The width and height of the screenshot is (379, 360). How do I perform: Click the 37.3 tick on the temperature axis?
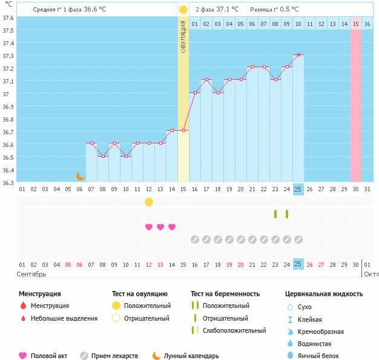pos(8,56)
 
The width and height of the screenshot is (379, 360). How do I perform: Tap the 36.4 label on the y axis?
pos(8,170)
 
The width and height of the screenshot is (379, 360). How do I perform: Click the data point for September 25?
pos(298,55)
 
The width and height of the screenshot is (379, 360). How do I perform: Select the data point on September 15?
pos(183,131)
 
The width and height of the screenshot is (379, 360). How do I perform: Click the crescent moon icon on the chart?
pos(81,176)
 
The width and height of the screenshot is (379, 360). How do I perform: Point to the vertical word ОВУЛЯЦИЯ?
pos(183,36)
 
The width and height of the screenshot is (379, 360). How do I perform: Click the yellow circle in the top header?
pos(183,10)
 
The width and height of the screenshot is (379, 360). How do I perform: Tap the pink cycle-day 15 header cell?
pos(356,24)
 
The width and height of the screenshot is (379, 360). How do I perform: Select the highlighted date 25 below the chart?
pos(298,264)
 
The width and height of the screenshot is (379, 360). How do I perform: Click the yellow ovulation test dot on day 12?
pos(149,201)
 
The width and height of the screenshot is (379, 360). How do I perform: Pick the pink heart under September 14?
pos(172,227)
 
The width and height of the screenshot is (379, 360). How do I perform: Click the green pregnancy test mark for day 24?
pos(287,214)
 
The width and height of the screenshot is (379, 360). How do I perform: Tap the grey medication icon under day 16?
pos(195,240)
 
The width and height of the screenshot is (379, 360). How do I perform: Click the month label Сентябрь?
pos(32,274)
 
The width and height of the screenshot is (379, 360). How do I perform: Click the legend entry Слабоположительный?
pos(234,330)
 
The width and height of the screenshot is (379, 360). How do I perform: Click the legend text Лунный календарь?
pos(193,356)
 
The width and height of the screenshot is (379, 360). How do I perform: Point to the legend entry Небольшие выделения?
pos(64,318)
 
